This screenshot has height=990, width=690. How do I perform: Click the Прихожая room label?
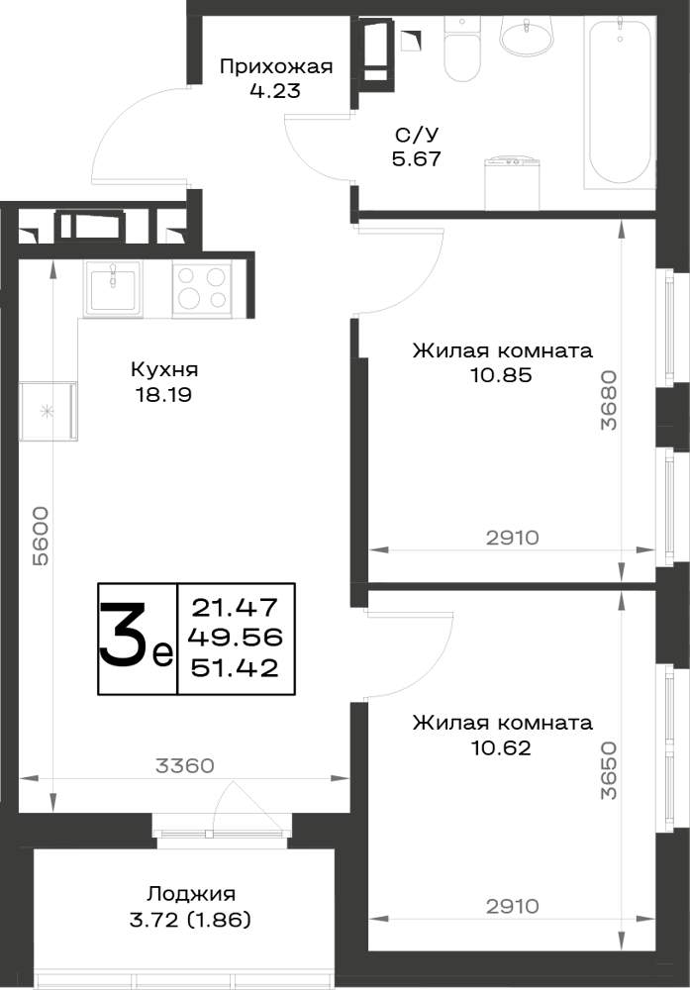(x=276, y=66)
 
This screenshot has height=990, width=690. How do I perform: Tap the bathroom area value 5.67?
(x=416, y=158)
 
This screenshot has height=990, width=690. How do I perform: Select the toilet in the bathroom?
(x=462, y=49)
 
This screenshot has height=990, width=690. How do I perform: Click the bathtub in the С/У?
(x=620, y=102)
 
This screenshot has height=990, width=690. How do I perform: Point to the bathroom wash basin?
(x=526, y=34)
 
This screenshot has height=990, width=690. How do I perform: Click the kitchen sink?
(x=113, y=290)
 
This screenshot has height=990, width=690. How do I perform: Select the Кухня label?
(x=164, y=368)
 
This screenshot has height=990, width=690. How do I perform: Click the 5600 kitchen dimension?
(x=41, y=536)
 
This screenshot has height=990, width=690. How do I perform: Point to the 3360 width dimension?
(x=185, y=766)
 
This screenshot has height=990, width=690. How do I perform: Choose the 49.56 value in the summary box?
(x=235, y=638)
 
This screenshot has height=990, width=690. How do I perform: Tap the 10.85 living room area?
(x=501, y=375)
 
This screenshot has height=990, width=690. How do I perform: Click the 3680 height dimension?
(x=609, y=400)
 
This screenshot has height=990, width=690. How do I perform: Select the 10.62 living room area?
(x=501, y=748)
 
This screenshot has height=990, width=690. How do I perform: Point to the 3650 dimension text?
(x=609, y=770)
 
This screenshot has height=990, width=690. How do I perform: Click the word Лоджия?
(x=191, y=894)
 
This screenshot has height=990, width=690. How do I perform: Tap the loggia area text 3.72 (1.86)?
(x=190, y=920)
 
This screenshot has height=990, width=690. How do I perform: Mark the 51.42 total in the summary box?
(x=235, y=667)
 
